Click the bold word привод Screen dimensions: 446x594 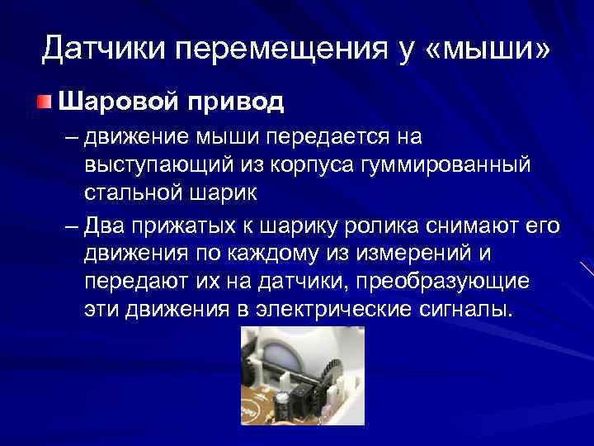(x=235, y=102)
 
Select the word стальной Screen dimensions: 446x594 (x=135, y=194)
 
